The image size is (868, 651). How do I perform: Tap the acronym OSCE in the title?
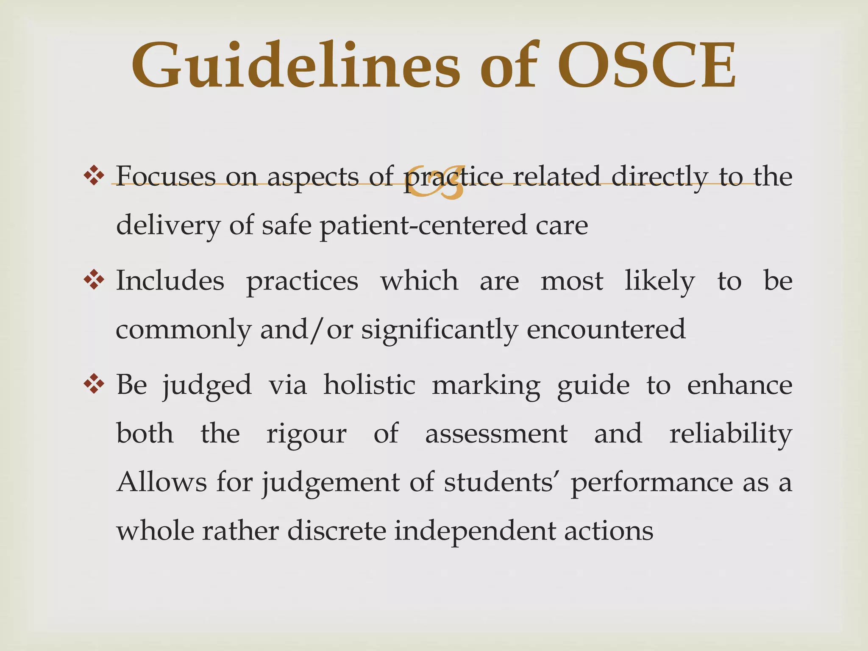click(x=646, y=66)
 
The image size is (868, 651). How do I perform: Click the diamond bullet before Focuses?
click(x=94, y=175)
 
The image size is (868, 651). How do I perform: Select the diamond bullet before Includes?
click(x=94, y=280)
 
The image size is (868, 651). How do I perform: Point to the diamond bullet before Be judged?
click(x=94, y=384)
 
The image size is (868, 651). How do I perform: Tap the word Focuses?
click(x=166, y=175)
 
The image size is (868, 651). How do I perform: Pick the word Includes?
click(x=170, y=280)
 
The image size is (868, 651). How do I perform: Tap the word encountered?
click(x=606, y=329)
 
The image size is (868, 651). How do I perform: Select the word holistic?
click(x=369, y=385)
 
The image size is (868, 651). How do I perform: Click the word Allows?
click(x=161, y=482)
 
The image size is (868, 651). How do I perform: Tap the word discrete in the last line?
click(x=337, y=531)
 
